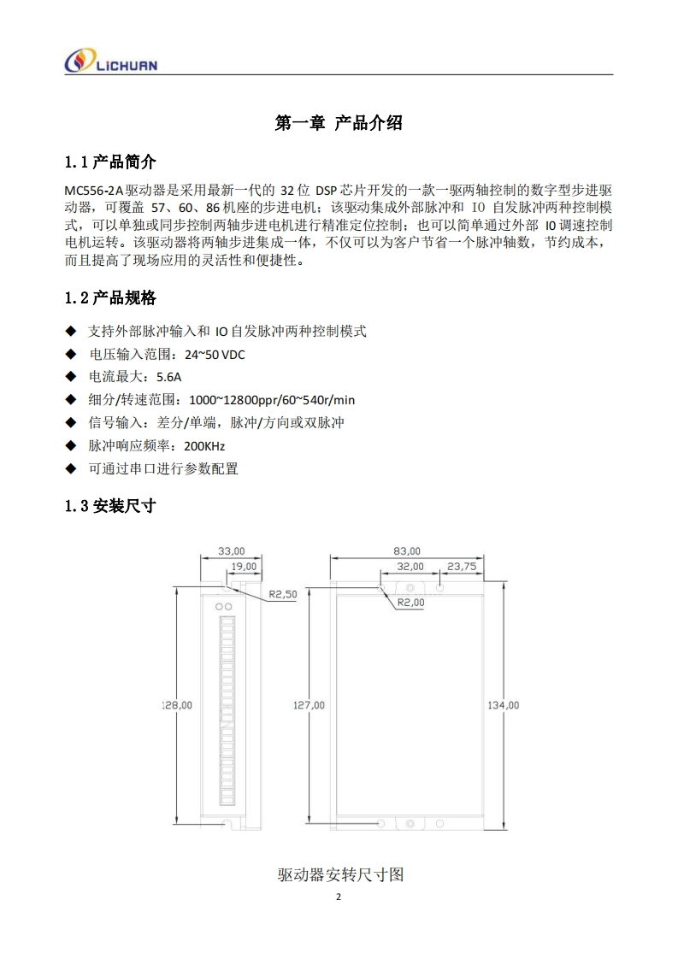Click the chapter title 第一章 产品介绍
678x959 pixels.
pos(339,123)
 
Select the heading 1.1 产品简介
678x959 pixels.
pos(110,162)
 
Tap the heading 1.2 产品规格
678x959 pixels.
pos(110,298)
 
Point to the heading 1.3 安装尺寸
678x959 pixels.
pos(110,505)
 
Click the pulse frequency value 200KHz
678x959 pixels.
pos(204,445)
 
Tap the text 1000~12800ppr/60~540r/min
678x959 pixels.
pos(272,399)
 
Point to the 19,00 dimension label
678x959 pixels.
pos(245,566)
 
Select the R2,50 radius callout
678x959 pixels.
pos(283,593)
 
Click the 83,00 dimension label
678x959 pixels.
pos(407,551)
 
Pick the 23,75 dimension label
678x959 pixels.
pos(462,566)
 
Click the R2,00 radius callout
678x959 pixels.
pos(411,602)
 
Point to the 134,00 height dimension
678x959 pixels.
pos(503,705)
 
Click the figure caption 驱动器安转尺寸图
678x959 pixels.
pos(340,874)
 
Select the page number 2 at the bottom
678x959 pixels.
pos(339,897)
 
